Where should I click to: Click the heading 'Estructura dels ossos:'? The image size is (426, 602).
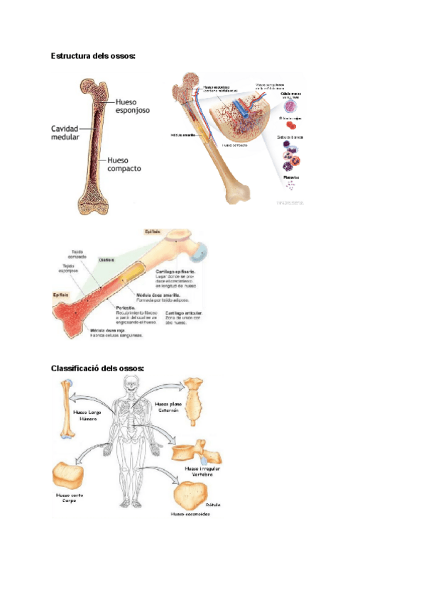(x=92, y=55)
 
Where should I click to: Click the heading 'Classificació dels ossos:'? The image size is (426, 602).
(x=97, y=368)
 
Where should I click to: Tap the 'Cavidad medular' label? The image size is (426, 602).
(x=65, y=133)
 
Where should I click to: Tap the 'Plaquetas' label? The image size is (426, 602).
(x=291, y=177)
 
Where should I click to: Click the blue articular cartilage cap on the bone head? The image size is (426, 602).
(x=202, y=251)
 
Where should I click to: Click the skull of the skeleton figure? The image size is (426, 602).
(x=131, y=384)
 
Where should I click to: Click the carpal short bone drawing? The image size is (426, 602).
(x=67, y=474)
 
